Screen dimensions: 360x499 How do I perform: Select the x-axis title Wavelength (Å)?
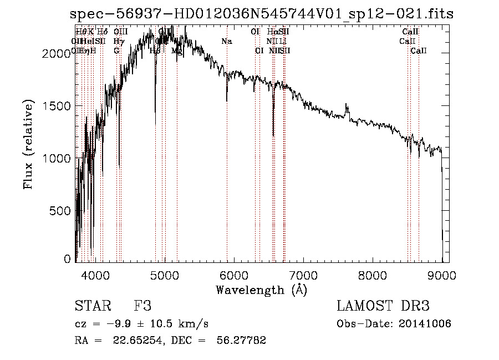click(x=261, y=290)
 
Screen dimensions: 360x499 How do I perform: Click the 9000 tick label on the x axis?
click(x=441, y=273)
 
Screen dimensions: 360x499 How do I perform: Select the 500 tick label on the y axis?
click(x=61, y=211)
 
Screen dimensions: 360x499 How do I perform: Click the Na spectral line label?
click(x=226, y=42)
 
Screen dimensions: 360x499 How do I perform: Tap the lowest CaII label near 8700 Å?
click(x=419, y=51)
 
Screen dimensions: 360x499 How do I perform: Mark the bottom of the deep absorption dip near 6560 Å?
click(x=273, y=135)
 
